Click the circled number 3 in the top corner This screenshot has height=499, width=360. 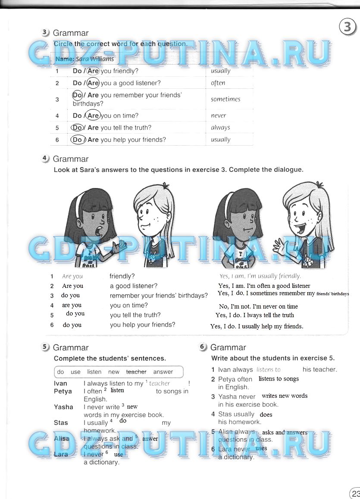pyautogui.click(x=347, y=27)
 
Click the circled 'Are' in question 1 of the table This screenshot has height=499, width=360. pyautogui.click(x=93, y=71)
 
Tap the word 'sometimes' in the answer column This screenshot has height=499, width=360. pyautogui.click(x=225, y=99)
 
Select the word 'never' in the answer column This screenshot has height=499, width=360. pyautogui.click(x=219, y=115)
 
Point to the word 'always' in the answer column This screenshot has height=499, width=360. pyautogui.click(x=220, y=128)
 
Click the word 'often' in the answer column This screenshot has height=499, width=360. pyautogui.click(x=218, y=83)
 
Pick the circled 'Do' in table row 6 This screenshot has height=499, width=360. pyautogui.click(x=78, y=140)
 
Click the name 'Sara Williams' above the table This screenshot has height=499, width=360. pyautogui.click(x=95, y=59)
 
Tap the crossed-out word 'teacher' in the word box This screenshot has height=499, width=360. pyautogui.click(x=136, y=371)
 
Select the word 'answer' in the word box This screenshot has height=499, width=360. pyautogui.click(x=163, y=371)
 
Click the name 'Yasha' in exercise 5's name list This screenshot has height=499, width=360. pyautogui.click(x=63, y=407)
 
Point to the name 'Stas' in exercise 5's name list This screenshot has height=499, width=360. pyautogui.click(x=61, y=423)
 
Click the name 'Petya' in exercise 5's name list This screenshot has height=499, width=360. pyautogui.click(x=63, y=391)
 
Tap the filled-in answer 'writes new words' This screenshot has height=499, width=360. pyautogui.click(x=285, y=396)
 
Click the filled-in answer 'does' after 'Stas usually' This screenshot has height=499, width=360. pyautogui.click(x=266, y=415)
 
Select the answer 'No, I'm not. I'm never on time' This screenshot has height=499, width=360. pyautogui.click(x=258, y=306)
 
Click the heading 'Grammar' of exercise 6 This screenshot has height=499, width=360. pyautogui.click(x=228, y=347)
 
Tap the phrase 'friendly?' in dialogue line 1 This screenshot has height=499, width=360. pyautogui.click(x=122, y=276)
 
